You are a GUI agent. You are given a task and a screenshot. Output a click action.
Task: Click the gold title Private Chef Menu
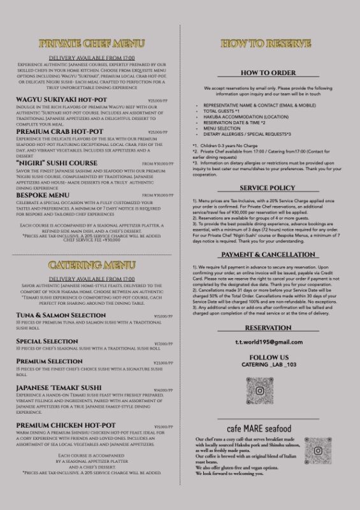pos(91,44)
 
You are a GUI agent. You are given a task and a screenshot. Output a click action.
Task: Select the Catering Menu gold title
pos(91,265)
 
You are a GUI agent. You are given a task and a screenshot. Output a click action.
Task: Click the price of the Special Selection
pos(164,344)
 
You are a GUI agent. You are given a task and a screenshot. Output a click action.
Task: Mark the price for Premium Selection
pos(164,363)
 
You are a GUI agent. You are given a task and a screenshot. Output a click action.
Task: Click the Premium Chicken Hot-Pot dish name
pos(66,425)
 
